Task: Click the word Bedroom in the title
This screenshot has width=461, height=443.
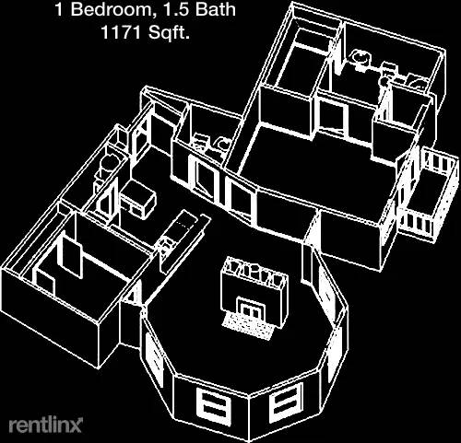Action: (111, 9)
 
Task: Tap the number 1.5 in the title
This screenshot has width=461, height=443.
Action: (172, 9)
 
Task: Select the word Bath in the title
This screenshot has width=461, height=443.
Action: (216, 9)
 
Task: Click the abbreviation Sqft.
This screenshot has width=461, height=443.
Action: (168, 32)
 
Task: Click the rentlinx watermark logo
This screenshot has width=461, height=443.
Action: (45, 426)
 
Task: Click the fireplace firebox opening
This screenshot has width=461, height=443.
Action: (249, 309)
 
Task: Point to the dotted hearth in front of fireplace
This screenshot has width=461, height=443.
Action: (248, 326)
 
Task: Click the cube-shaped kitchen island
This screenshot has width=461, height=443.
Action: (138, 199)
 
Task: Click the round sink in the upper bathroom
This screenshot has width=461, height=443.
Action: (360, 57)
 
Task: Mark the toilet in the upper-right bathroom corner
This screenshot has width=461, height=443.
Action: (418, 83)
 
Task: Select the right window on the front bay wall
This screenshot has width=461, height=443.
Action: (284, 404)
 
